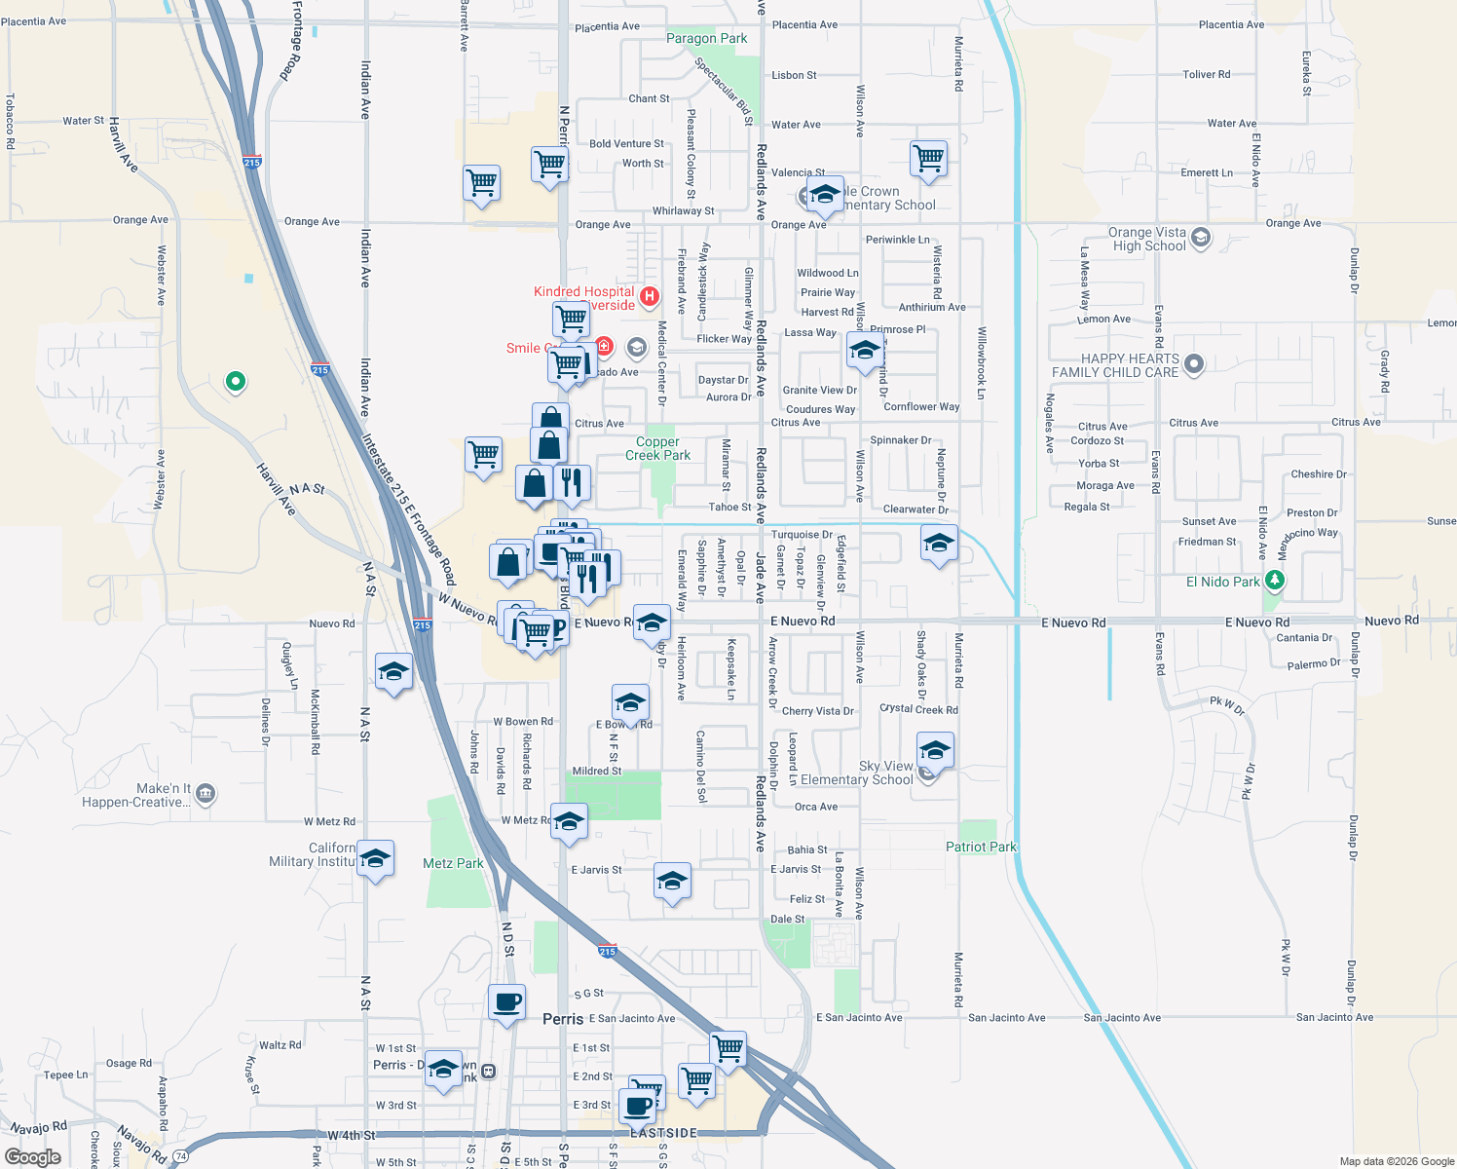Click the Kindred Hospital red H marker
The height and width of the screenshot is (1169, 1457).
coord(650,294)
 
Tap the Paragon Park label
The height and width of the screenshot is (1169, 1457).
coord(706,39)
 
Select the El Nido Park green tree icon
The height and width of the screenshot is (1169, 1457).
coord(1275,582)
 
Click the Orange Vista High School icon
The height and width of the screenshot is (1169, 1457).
coord(1201,237)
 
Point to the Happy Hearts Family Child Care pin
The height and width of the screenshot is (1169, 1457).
coord(1195,364)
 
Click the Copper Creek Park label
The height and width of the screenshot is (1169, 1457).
coord(657,448)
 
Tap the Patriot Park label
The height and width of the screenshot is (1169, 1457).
coord(981,847)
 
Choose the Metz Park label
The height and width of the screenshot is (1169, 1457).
coord(453,863)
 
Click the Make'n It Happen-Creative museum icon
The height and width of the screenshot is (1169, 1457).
coord(205,795)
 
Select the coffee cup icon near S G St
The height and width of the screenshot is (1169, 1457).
coord(506,1001)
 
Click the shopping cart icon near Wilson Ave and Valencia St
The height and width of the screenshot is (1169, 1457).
coord(929,157)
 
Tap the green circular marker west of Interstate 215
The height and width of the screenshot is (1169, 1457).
coord(235,382)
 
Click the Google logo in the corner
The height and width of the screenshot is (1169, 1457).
coord(33,1157)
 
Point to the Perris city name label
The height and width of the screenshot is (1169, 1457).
coord(563,1019)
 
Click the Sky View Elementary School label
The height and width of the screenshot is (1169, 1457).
coord(857,773)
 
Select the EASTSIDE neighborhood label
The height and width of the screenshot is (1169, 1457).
coord(663,1133)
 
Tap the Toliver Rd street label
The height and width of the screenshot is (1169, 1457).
coord(1206,74)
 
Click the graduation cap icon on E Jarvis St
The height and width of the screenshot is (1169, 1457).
coord(672,882)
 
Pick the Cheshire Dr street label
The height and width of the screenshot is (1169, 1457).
coord(1318,474)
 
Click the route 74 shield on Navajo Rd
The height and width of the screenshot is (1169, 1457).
coord(180,1156)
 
